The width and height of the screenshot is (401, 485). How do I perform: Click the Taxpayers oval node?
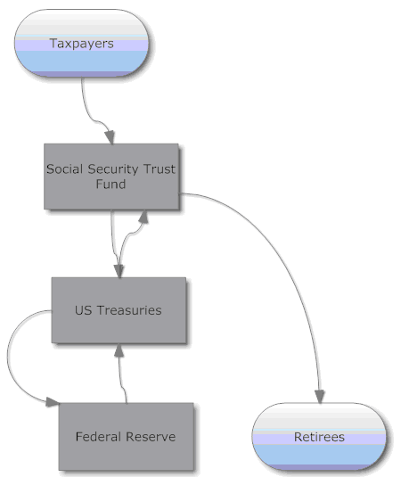point(82,43)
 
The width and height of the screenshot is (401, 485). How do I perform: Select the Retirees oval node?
point(319,437)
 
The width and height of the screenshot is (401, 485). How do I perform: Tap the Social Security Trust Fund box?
point(111,177)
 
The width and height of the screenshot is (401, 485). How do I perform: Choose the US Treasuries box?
point(119,310)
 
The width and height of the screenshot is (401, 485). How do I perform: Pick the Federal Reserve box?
point(127,437)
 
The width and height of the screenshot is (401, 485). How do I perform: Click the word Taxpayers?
point(82,44)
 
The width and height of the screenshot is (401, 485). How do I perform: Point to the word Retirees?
point(319,437)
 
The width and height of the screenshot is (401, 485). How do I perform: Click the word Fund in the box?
point(110,184)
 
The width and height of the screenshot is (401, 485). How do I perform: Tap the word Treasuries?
point(129,310)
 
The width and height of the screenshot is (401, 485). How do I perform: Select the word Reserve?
point(151,437)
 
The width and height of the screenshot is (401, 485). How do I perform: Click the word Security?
point(113,169)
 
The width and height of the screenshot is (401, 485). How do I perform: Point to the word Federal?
point(99,437)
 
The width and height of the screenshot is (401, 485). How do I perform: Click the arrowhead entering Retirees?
point(320,397)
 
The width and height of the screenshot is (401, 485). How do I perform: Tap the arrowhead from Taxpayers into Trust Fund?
point(110,137)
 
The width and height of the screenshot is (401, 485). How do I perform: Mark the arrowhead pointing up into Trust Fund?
point(143,217)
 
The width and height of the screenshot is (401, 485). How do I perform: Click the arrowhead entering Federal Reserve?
point(53,402)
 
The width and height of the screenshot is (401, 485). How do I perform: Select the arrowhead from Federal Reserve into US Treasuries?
point(119,349)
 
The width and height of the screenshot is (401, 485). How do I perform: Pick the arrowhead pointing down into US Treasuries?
point(119,271)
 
